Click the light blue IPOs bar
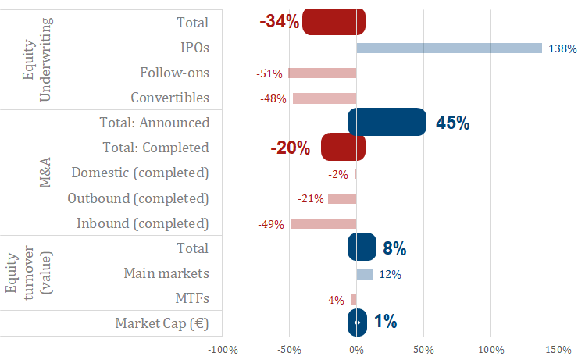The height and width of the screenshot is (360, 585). (449, 48)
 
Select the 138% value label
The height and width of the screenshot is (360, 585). (562, 49)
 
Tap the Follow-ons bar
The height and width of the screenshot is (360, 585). (323, 73)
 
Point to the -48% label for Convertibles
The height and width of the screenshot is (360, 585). (273, 99)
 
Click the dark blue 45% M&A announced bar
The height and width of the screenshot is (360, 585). (387, 123)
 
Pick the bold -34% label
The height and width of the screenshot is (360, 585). (280, 22)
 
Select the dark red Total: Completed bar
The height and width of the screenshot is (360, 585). (343, 148)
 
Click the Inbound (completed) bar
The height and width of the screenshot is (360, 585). (323, 224)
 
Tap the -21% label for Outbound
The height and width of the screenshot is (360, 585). (311, 199)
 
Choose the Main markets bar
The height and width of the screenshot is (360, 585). (365, 274)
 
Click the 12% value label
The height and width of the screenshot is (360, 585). (390, 275)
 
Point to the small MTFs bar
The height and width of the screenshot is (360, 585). (354, 299)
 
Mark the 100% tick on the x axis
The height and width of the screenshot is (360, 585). (491, 348)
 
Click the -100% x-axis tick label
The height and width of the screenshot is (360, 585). (223, 348)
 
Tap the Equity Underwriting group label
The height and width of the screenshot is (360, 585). (37, 60)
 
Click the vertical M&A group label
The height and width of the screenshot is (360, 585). (45, 173)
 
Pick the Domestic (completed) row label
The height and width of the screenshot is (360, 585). (140, 173)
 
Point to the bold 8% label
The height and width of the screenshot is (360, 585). (394, 249)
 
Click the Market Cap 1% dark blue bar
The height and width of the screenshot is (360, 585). (357, 322)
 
